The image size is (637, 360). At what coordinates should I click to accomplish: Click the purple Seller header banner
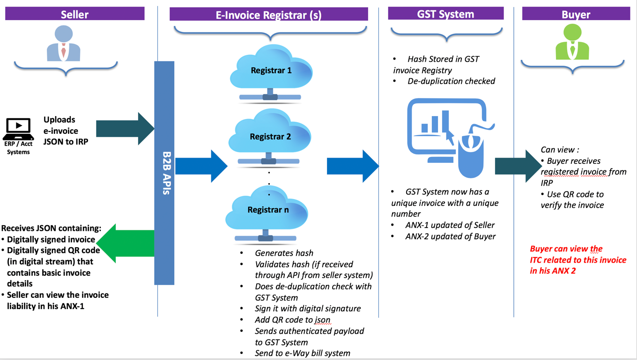[x=74, y=14]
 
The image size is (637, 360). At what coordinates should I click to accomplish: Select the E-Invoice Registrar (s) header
[x=268, y=15]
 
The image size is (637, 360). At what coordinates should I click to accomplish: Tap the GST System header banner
[x=445, y=14]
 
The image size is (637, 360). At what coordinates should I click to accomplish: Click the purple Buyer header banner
[x=576, y=14]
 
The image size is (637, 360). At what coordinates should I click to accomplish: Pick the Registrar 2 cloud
[x=270, y=137]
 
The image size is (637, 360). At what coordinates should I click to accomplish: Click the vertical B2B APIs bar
[x=164, y=173]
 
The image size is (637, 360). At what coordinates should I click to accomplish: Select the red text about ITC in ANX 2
[x=578, y=260]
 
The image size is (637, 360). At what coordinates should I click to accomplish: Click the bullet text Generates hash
[x=284, y=253]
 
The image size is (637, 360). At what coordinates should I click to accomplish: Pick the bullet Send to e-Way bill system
[x=302, y=353]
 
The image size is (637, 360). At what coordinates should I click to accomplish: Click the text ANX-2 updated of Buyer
[x=450, y=236]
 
